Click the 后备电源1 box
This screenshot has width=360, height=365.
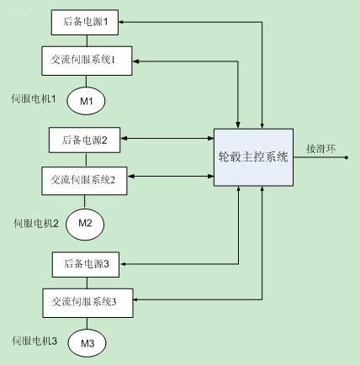point(85,23)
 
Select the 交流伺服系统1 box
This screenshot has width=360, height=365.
point(87,61)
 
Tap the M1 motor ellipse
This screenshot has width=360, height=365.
point(86,101)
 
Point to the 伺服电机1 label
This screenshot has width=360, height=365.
point(34,98)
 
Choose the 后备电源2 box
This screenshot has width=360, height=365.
point(85,140)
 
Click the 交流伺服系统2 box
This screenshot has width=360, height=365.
point(84,181)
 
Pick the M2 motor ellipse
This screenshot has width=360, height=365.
point(85,224)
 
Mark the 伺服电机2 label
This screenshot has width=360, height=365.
point(36,224)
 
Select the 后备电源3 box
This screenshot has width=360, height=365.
point(86,264)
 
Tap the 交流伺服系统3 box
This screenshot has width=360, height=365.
point(87,303)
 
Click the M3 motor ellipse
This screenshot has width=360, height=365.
point(87,343)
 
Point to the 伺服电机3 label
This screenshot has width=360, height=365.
point(34,341)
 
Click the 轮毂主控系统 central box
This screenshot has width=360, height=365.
point(253,157)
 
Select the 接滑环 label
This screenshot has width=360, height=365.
point(320,148)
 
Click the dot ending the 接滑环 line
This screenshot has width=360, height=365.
point(347,157)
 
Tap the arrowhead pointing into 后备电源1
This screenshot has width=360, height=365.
point(121,22)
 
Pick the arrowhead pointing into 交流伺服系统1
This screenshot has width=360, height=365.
point(135,61)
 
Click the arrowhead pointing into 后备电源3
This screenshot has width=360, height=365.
point(123,264)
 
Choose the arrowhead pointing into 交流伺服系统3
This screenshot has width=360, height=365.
point(136,299)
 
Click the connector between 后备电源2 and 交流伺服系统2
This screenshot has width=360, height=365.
point(86,160)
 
